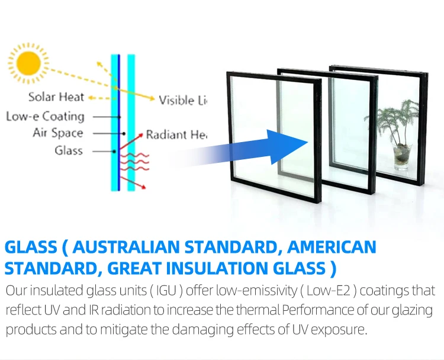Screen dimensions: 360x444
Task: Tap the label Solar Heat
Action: coord(56,97)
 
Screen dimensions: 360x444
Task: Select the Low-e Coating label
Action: coord(45,117)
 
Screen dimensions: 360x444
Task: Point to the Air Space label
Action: coord(57,133)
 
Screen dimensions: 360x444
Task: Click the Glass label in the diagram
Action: coord(69,150)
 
